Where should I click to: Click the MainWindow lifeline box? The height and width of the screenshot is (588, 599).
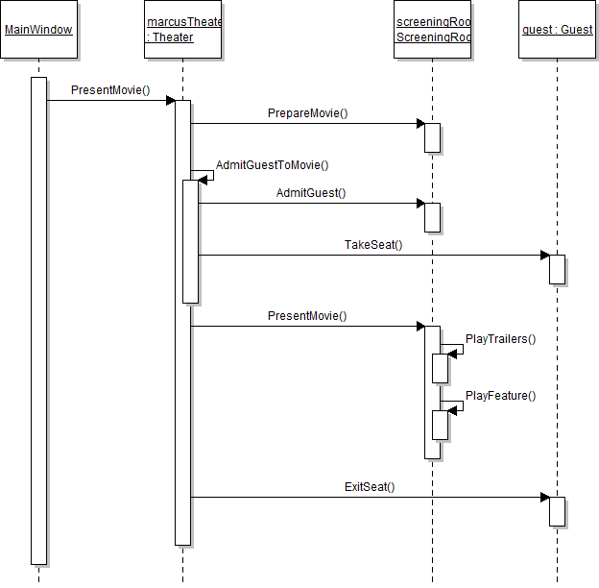click(38, 30)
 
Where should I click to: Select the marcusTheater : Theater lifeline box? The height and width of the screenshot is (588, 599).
click(182, 30)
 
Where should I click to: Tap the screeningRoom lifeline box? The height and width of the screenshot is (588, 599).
click(432, 30)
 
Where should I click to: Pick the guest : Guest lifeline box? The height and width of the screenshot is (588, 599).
click(557, 30)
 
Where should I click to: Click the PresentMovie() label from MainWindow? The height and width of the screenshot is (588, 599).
click(110, 90)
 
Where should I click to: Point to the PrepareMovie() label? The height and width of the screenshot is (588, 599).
click(307, 113)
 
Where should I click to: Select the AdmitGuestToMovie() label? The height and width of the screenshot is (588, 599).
click(272, 165)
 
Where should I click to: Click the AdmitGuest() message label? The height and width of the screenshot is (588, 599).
click(311, 193)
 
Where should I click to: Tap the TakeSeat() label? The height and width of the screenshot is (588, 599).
click(373, 245)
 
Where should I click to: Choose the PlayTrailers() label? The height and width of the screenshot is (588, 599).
click(500, 339)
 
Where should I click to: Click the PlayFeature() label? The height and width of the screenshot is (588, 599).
click(500, 395)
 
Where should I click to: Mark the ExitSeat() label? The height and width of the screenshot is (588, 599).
click(370, 487)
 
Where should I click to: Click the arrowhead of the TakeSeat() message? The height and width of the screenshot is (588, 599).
click(544, 256)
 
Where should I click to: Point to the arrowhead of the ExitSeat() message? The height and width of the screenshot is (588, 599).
click(544, 498)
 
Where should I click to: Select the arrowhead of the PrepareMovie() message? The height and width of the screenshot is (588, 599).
click(419, 123)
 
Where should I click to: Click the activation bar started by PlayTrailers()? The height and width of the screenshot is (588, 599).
click(440, 368)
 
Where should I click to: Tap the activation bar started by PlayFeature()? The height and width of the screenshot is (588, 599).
click(440, 425)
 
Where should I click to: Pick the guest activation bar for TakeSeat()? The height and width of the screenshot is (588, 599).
click(557, 269)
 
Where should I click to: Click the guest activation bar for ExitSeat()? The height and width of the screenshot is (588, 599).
click(557, 511)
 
